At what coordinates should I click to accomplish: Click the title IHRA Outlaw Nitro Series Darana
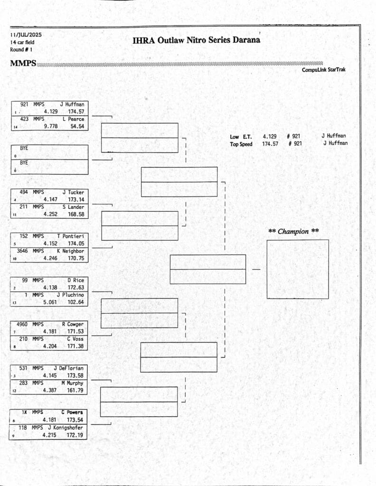tap(197, 40)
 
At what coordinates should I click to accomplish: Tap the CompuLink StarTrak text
tap(324, 70)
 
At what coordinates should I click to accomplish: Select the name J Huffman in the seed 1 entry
tap(72, 104)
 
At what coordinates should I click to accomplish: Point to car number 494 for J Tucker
tap(23, 192)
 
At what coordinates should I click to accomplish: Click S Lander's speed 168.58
tap(76, 214)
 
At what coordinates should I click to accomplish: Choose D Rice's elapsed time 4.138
tap(50, 288)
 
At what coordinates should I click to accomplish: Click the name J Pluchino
tap(70, 295)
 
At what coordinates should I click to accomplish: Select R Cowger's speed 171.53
tap(76, 331)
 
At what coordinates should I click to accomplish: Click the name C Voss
tap(75, 339)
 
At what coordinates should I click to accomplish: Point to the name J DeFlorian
tap(68, 368)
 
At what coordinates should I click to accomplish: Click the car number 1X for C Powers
tap(24, 412)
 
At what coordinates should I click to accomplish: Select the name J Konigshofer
tap(65, 428)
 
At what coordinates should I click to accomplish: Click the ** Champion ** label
tap(293, 232)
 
